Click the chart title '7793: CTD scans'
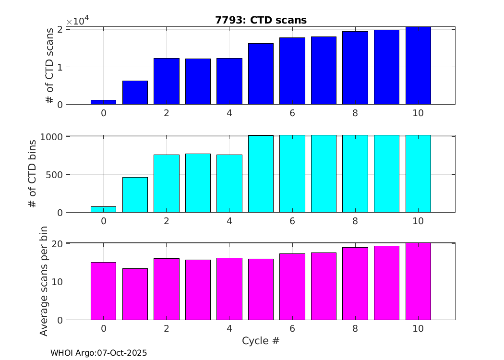tap(261, 20)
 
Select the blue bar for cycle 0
tap(103, 102)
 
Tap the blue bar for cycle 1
tap(135, 93)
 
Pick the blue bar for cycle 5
tap(261, 74)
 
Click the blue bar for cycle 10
tap(418, 66)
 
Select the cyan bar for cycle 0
tap(103, 209)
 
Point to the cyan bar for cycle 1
tap(135, 195)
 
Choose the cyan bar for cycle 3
tap(198, 183)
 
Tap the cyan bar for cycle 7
tap(324, 174)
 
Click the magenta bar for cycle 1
tap(135, 294)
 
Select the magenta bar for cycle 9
tap(386, 283)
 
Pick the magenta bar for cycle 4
tap(229, 289)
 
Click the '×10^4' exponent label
tap(78, 21)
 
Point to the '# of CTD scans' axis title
tap(49, 66)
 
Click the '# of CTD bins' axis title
tap(33, 174)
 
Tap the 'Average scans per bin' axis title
tap(44, 282)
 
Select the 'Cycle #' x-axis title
tap(261, 341)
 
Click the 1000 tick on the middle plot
tap(51, 137)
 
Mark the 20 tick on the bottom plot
tap(58, 244)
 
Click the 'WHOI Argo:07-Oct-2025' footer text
tap(98, 353)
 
